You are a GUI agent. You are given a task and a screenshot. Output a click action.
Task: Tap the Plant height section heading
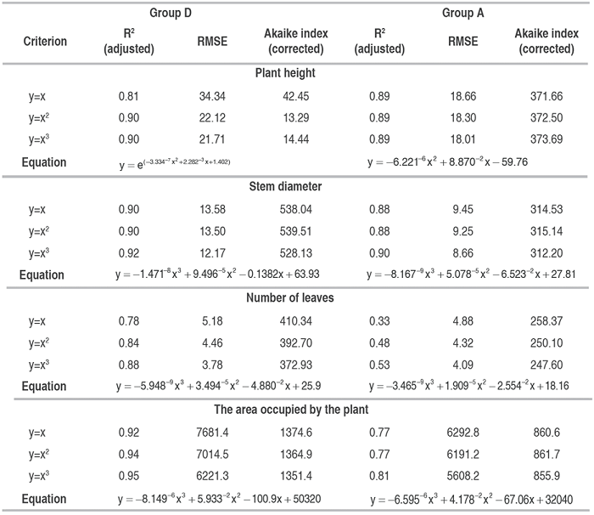point(285,73)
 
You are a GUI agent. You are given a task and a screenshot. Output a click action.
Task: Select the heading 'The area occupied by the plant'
point(285,409)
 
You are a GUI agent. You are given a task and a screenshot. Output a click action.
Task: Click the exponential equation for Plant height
point(179,161)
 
